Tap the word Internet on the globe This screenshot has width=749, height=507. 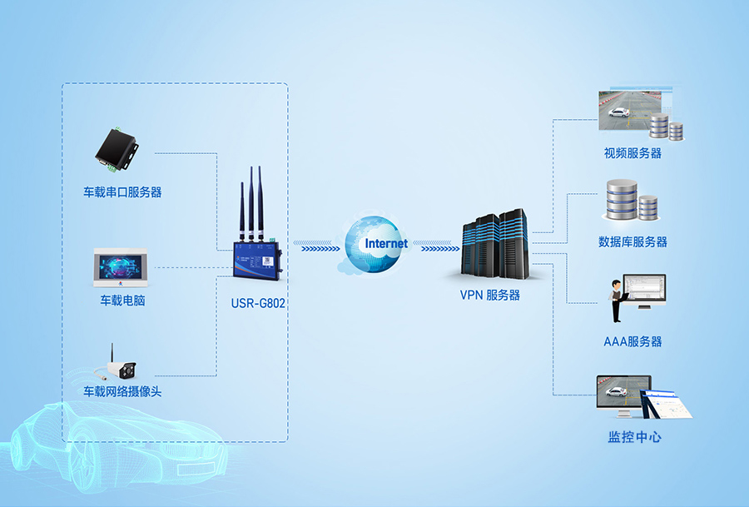(386, 244)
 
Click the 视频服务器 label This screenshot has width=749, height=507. (632, 153)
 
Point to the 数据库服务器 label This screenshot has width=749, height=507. (632, 242)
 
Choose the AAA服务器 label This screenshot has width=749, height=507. (632, 341)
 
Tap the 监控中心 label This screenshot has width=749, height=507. (634, 436)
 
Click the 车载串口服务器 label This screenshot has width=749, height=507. (122, 192)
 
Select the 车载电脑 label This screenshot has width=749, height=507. (122, 300)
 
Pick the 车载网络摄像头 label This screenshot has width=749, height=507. (122, 391)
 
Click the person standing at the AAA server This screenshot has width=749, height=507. (617, 302)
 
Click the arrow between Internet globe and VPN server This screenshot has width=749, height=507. (435, 247)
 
